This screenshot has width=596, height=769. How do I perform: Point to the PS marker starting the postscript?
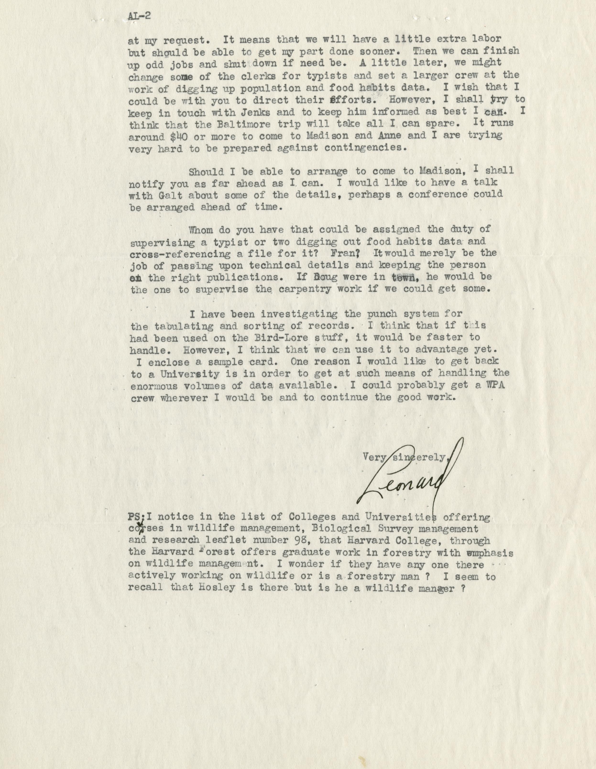click(x=136, y=516)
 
